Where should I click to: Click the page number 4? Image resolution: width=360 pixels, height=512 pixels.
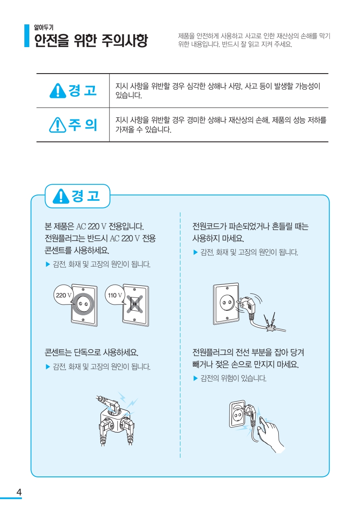(x=19, y=492)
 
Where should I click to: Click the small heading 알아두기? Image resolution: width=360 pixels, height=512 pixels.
(x=44, y=27)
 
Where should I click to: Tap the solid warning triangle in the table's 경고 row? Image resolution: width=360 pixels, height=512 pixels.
(x=58, y=91)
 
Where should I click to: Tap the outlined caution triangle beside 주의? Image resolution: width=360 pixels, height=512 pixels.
(x=58, y=125)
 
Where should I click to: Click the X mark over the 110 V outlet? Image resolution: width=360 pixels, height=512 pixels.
(x=135, y=304)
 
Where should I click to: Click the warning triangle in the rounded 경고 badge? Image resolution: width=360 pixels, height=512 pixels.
(x=61, y=196)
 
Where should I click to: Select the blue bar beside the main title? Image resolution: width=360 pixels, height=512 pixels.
(x=27, y=36)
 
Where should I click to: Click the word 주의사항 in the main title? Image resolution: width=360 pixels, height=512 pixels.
(x=125, y=40)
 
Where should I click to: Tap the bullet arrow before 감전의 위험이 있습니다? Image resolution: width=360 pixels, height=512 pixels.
(x=195, y=378)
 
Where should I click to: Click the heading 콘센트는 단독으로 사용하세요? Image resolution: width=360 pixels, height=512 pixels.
(x=91, y=352)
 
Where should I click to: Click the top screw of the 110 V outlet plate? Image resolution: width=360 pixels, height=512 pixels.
(x=135, y=289)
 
